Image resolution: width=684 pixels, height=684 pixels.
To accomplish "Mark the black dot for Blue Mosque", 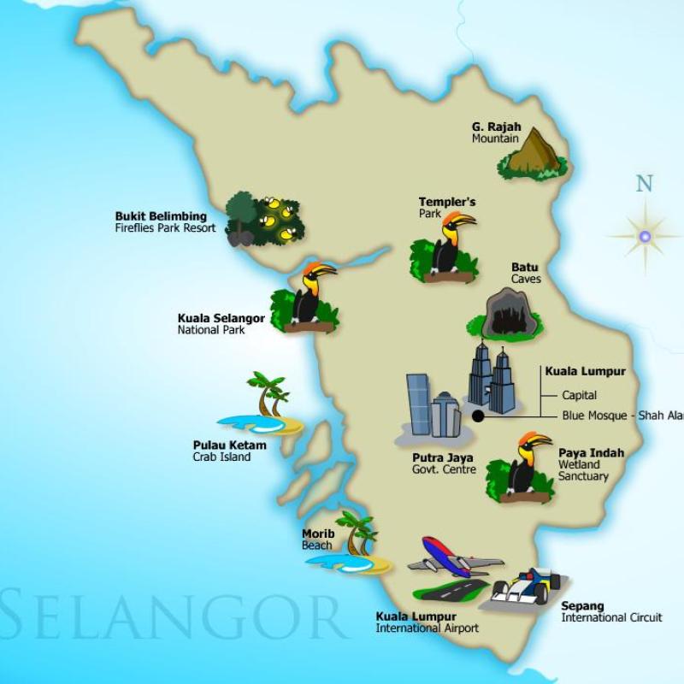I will point(477,416).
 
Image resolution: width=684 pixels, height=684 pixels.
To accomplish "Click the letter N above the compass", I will point(644,183).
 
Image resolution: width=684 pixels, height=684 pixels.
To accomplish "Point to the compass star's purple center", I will point(645,235).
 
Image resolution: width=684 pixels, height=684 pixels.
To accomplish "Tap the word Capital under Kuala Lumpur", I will point(579,396).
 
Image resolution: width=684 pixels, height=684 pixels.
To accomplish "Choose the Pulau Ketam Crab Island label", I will point(228,451).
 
